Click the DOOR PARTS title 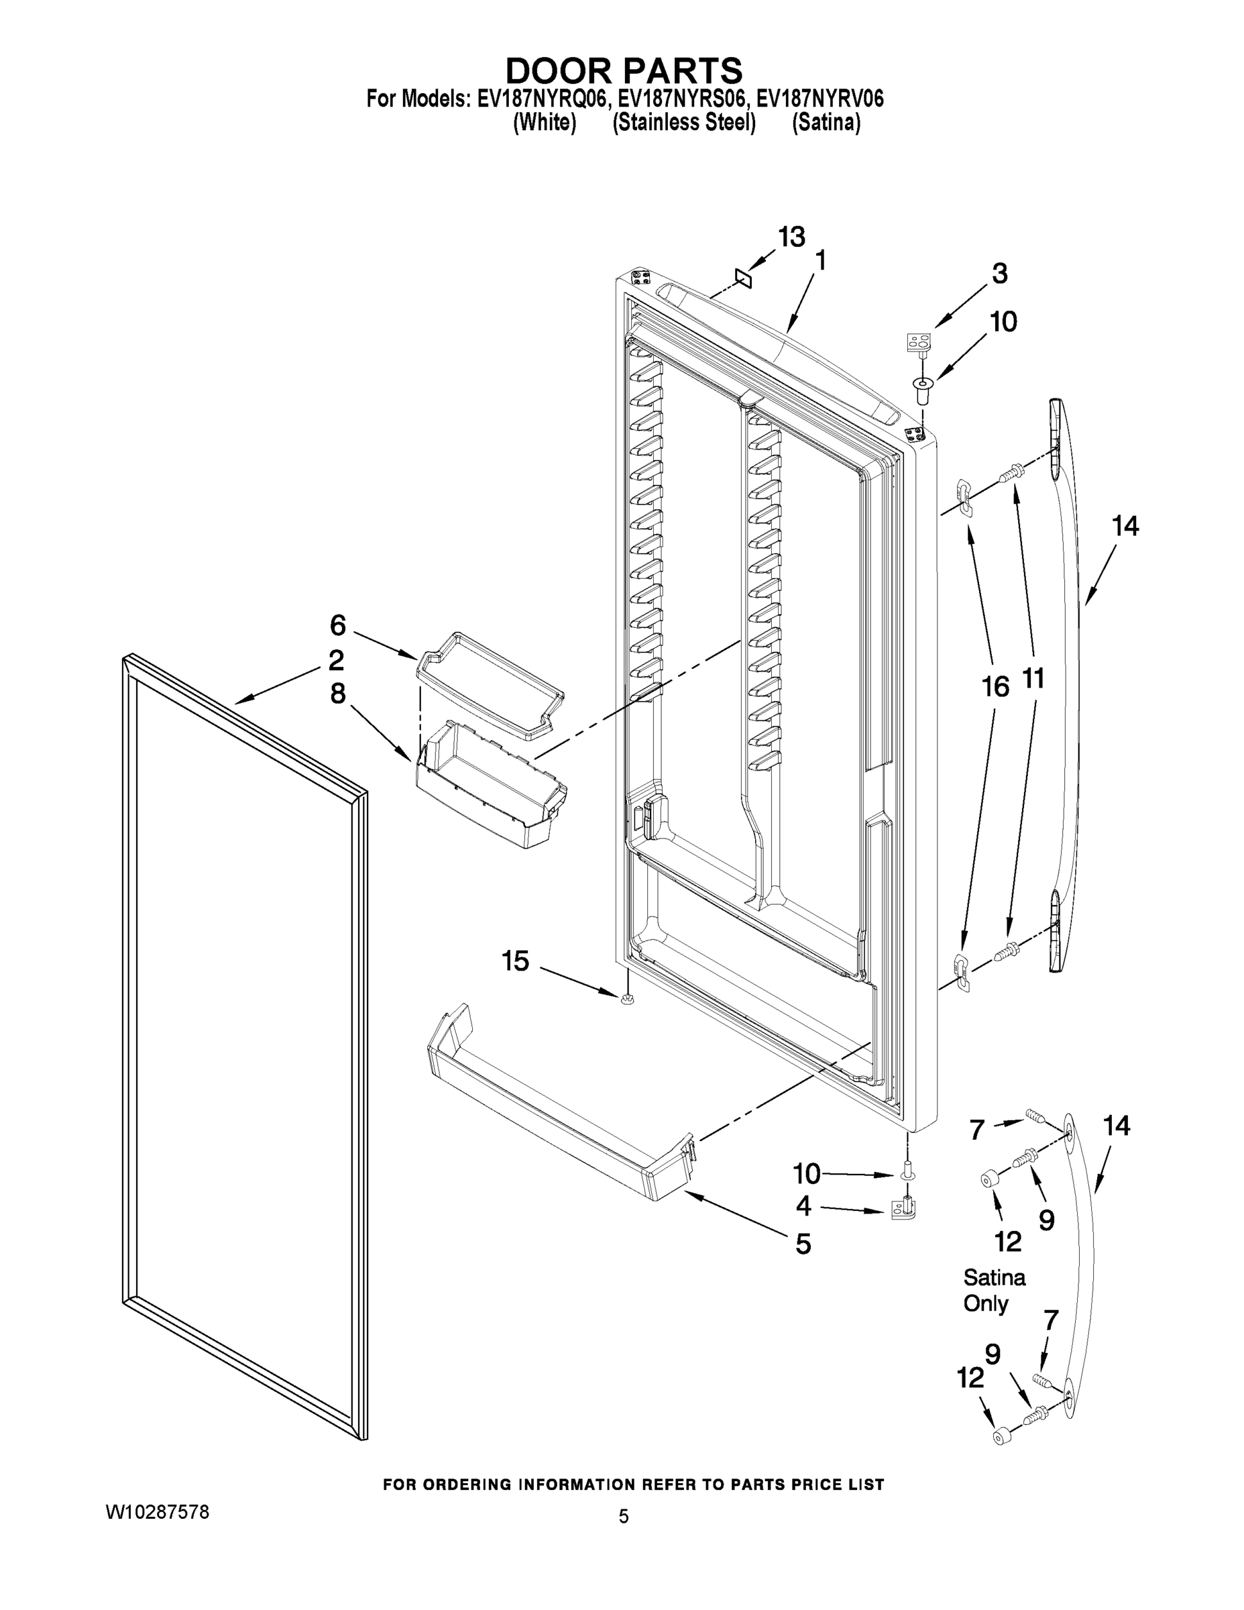623,70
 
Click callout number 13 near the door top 791,237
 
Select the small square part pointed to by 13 743,278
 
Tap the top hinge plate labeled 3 918,343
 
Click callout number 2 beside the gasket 336,660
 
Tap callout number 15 515,961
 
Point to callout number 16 995,687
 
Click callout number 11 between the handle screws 1033,678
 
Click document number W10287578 158,1511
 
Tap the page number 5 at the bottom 624,1516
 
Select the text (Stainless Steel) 683,122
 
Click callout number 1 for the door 819,261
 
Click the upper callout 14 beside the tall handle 1125,526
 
